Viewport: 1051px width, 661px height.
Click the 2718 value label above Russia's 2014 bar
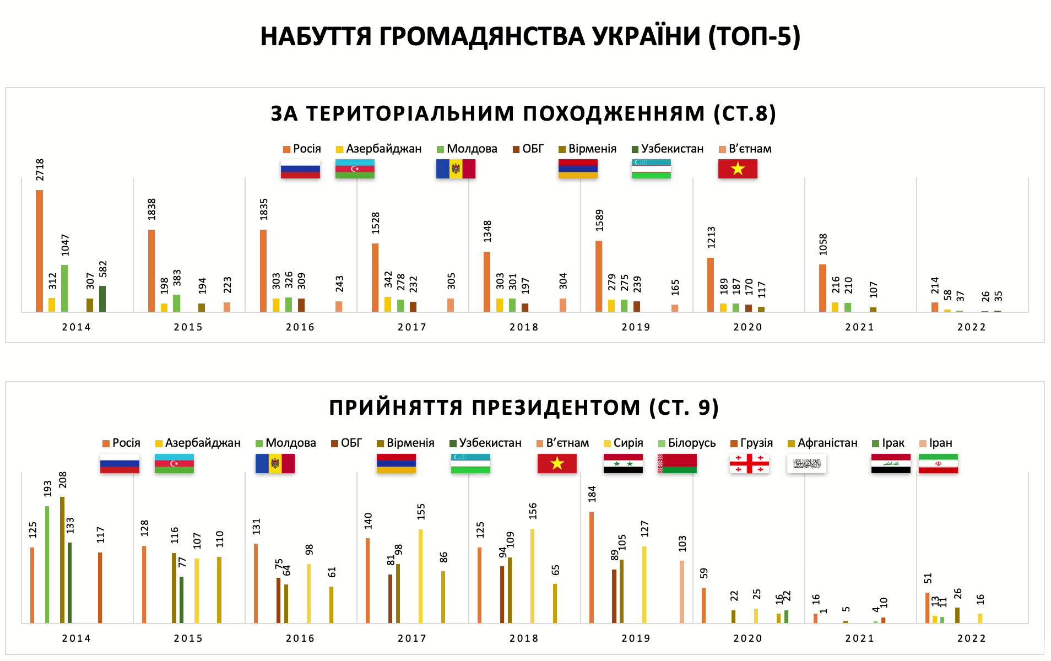(x=40, y=170)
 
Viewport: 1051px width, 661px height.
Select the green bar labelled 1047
(x=64, y=288)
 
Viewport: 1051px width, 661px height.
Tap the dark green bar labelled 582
(x=102, y=299)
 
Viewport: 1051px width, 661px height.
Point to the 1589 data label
(x=599, y=220)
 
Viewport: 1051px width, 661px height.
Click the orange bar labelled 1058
(x=822, y=288)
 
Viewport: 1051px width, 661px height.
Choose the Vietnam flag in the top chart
(x=738, y=169)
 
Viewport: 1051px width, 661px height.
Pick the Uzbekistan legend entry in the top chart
(x=668, y=149)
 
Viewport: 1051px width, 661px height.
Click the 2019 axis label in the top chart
(x=636, y=327)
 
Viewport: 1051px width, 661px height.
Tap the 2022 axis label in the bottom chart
(x=971, y=638)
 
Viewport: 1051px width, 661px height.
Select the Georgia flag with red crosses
(x=749, y=463)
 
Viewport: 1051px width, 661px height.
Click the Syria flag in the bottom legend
(x=623, y=463)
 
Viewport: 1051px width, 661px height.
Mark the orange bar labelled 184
(x=592, y=567)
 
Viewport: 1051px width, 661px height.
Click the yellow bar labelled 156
(x=532, y=576)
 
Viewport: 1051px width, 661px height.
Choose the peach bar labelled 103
(x=682, y=592)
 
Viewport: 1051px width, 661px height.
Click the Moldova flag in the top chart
(x=456, y=169)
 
